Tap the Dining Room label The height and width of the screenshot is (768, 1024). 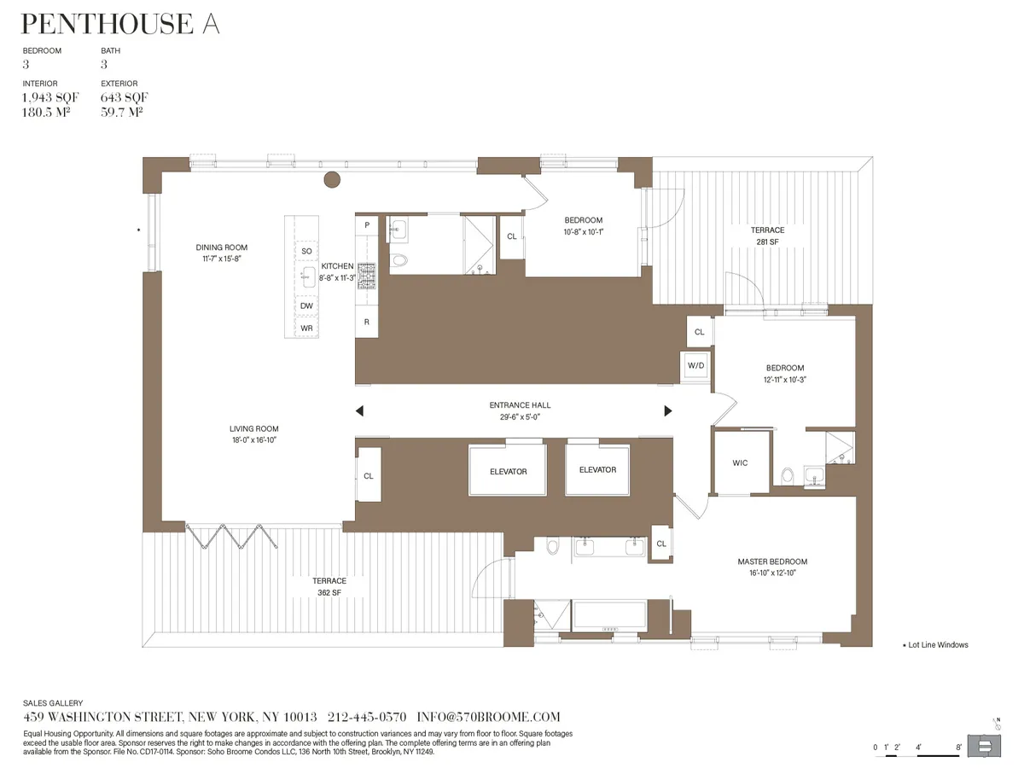[221, 248]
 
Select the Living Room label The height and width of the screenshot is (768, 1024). [253, 429]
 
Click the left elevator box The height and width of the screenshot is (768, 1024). [508, 470]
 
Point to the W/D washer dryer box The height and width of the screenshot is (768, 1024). [696, 365]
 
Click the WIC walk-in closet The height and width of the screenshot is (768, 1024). [740, 463]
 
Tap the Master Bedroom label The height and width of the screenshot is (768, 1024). [772, 561]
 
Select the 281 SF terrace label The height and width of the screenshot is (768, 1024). [767, 241]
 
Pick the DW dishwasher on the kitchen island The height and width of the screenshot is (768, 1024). [306, 305]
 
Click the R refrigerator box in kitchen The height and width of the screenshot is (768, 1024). [366, 322]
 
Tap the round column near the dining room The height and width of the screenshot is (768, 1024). [331, 180]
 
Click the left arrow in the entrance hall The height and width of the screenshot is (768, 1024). [359, 411]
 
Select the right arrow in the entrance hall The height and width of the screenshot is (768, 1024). [668, 411]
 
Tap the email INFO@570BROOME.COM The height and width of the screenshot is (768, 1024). [489, 718]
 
